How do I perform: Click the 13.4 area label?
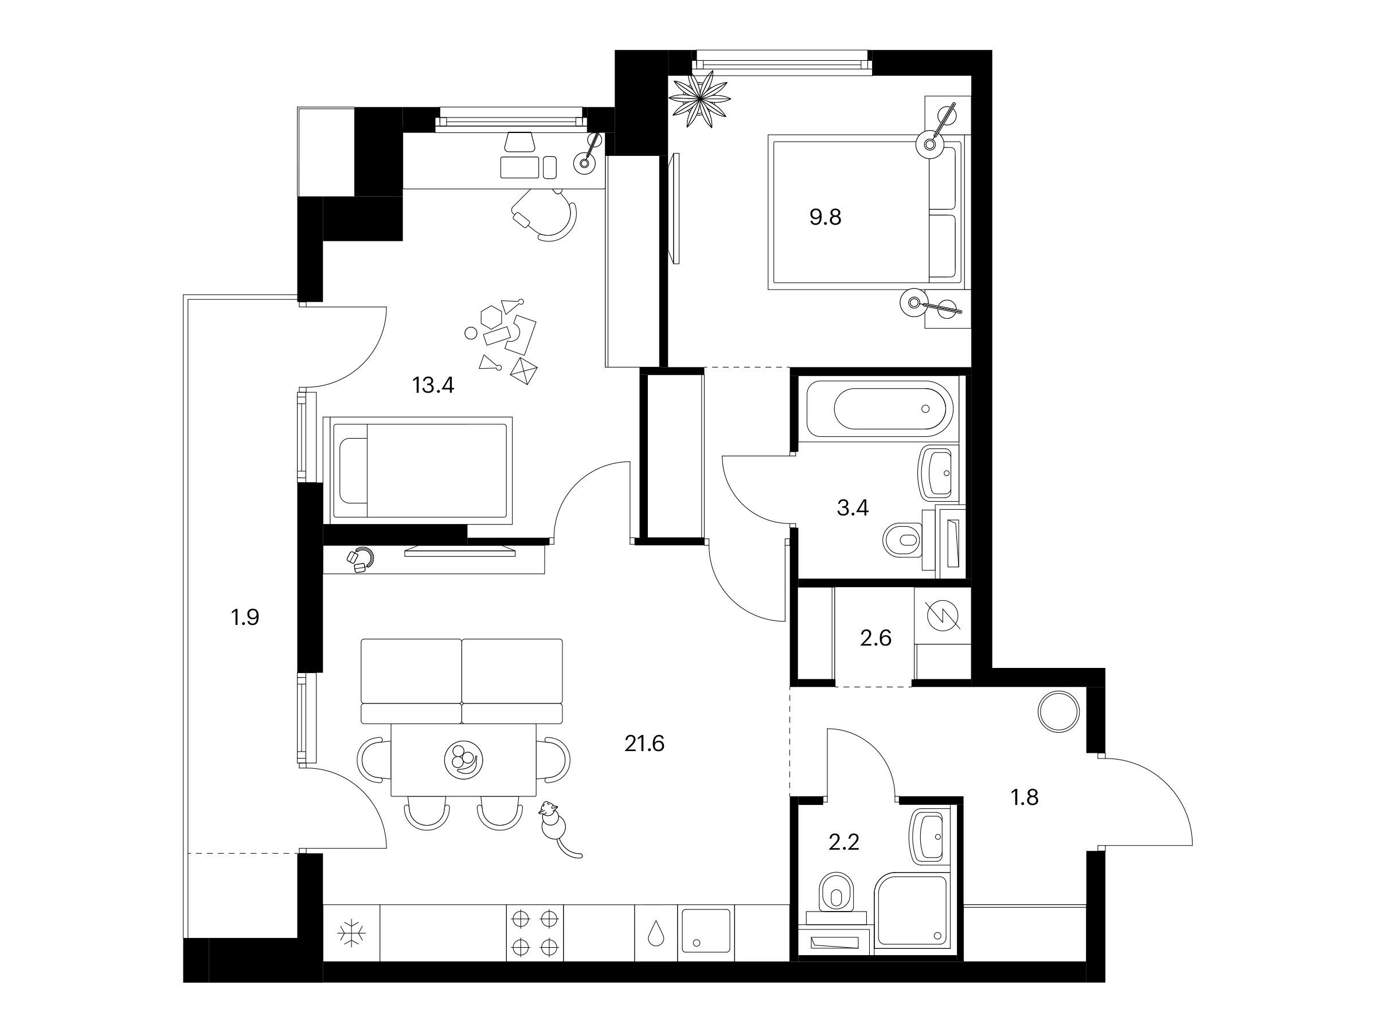433,386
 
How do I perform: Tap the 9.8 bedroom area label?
826,217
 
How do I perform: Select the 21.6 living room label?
644,744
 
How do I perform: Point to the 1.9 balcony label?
244,617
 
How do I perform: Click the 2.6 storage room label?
876,638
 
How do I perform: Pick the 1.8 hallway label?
1025,797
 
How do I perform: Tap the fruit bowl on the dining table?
464,760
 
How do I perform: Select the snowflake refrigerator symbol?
351,933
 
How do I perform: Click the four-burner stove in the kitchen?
534,933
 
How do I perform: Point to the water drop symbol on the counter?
656,933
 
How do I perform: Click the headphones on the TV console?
360,558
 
